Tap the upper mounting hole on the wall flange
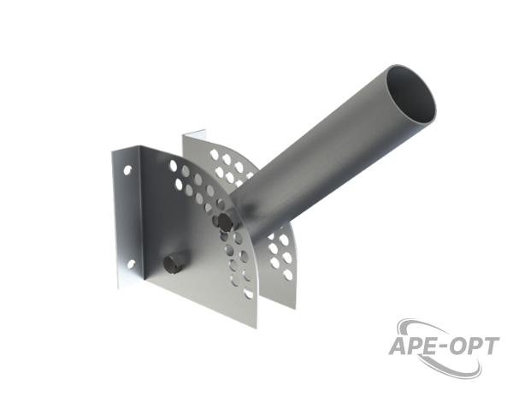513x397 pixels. [127, 169]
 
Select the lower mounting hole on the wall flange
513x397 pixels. [130, 264]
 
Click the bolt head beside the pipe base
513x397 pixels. [226, 222]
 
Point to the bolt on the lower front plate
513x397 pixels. [172, 262]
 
